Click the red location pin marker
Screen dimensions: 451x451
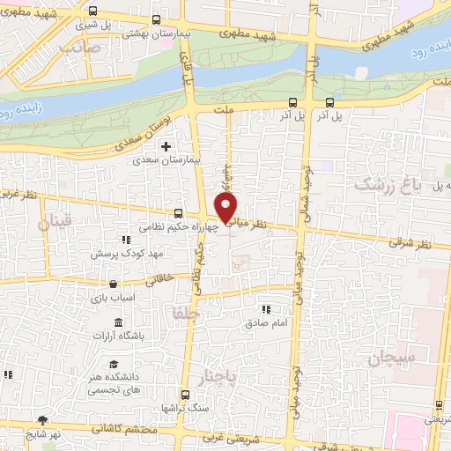point(226,209)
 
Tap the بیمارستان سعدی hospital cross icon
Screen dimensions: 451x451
point(165,146)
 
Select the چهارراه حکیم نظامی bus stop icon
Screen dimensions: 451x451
point(179,212)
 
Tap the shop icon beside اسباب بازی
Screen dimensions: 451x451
point(114,284)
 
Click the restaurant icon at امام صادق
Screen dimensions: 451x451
point(265,309)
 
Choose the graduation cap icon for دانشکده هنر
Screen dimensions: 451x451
point(114,365)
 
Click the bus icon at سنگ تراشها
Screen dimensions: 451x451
point(184,396)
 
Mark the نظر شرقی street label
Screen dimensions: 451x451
point(413,246)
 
